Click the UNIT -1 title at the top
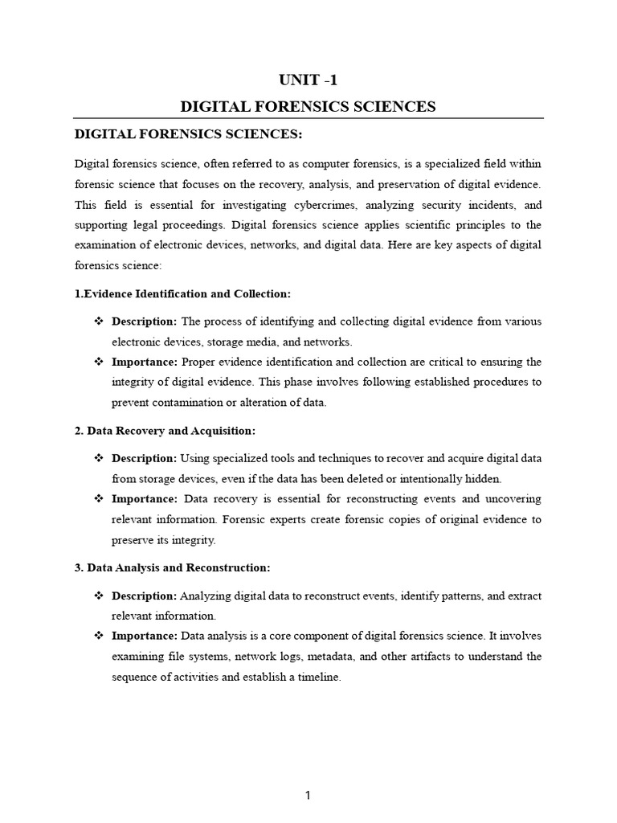(308, 80)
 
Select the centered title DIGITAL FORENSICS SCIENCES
(308, 106)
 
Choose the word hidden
(482, 479)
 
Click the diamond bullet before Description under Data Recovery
(99, 458)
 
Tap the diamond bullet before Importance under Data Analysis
(99, 637)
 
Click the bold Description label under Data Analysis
(144, 596)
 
